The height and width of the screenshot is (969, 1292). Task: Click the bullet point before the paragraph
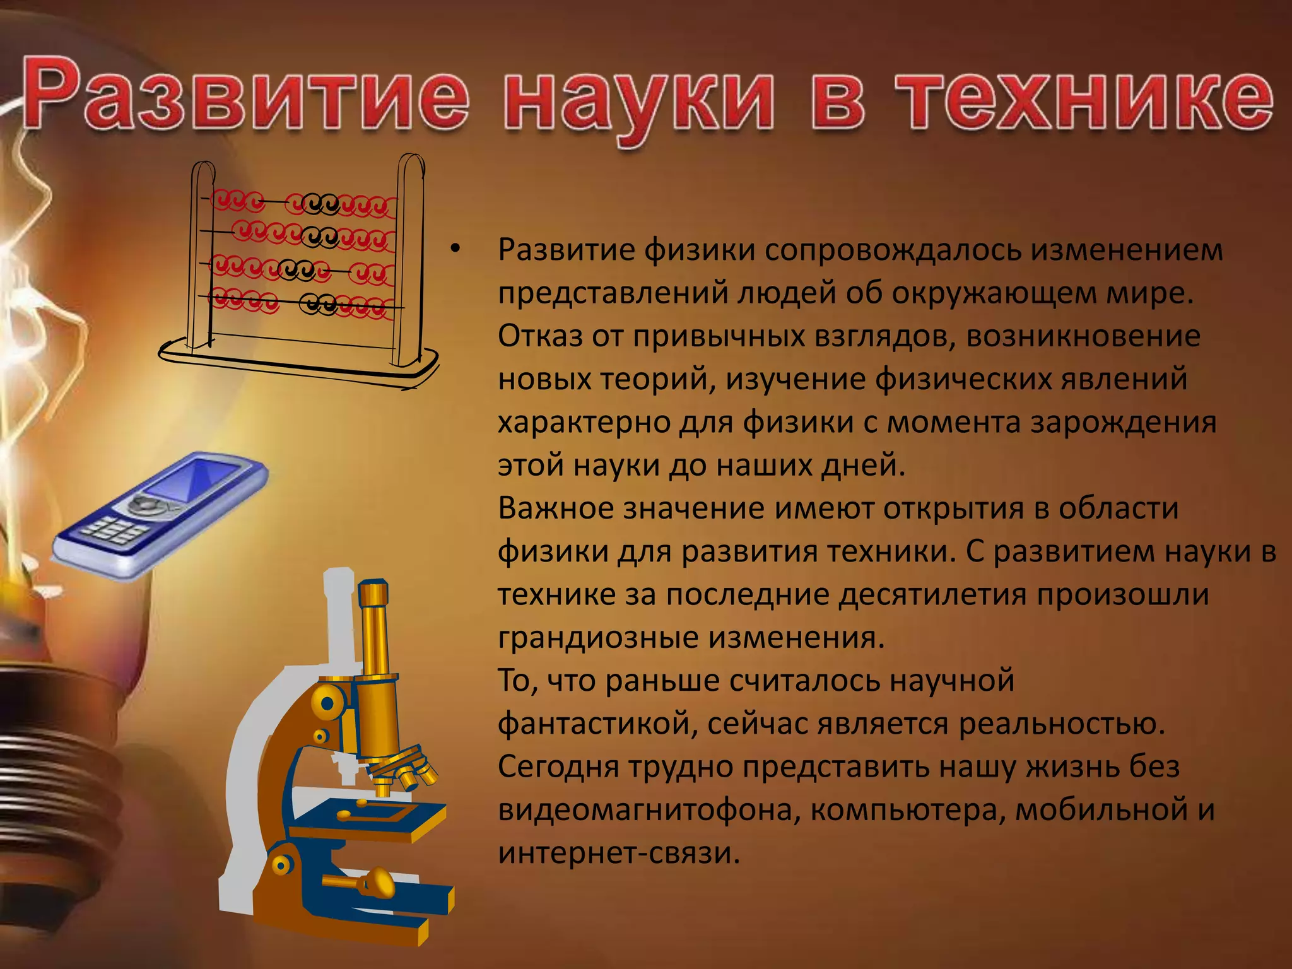(455, 250)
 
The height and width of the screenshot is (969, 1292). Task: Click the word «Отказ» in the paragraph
(539, 336)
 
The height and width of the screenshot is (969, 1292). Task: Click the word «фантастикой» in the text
(597, 724)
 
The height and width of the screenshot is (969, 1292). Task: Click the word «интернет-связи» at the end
(618, 853)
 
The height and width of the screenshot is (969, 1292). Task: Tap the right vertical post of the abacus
(410, 259)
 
